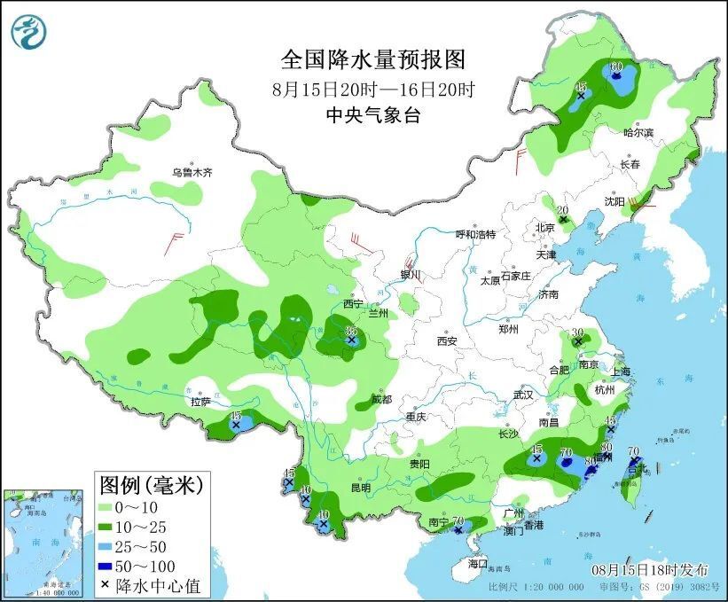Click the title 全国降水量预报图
[372, 59]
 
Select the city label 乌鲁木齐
[192, 172]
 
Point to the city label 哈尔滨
[638, 132]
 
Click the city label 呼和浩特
[475, 234]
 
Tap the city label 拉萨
[200, 402]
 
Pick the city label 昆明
[360, 488]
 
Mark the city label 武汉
[523, 395]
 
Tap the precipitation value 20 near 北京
[561, 210]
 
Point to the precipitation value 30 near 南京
[577, 332]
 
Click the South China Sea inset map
[44, 542]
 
